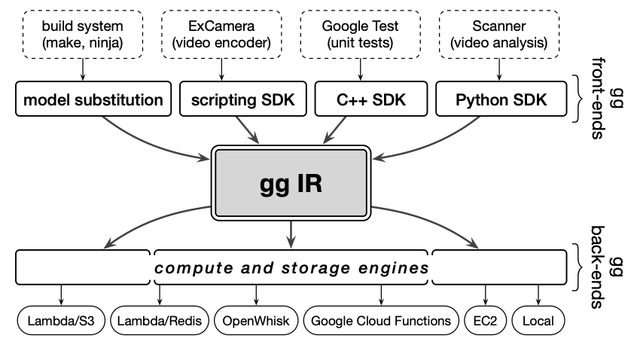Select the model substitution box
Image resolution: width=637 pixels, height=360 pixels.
(x=93, y=99)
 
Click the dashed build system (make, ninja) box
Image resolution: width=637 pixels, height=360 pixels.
(x=83, y=34)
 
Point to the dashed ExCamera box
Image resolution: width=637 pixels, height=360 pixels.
(x=220, y=34)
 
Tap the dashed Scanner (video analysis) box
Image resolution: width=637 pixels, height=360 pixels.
(x=498, y=34)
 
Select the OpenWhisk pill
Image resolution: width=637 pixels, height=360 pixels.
(x=255, y=321)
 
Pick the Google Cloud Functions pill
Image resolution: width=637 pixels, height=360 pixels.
(x=381, y=321)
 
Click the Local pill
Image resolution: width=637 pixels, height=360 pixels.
(x=538, y=321)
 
